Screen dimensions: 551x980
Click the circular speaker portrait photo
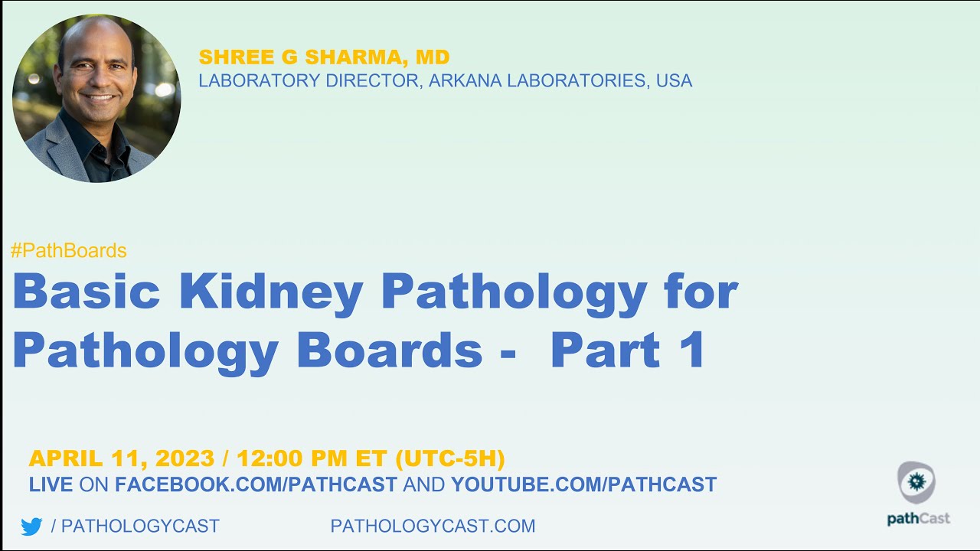96,98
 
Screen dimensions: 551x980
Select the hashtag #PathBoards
69,250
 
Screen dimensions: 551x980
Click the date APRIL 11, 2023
122,459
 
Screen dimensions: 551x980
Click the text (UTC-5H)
450,459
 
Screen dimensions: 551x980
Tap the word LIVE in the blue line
51,484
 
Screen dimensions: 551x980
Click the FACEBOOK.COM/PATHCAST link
256,484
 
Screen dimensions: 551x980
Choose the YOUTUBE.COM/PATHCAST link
583,484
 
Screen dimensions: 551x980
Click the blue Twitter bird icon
31,527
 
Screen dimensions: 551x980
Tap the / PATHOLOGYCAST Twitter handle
135,527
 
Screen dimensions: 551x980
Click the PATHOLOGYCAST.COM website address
433,527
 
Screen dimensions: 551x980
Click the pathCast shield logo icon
916,482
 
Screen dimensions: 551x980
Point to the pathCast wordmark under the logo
918,518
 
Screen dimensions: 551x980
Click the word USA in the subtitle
674,81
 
